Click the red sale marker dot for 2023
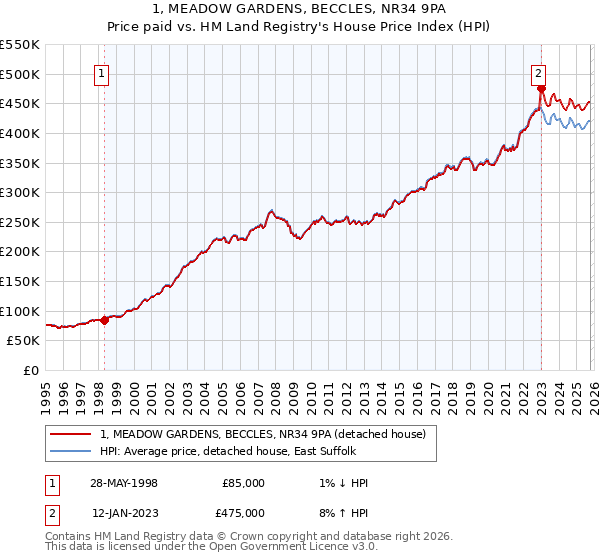pos(541,88)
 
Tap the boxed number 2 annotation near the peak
pos(538,72)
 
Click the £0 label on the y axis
pos(30,370)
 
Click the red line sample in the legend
pos(71,434)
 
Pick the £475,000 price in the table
pos(243,513)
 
